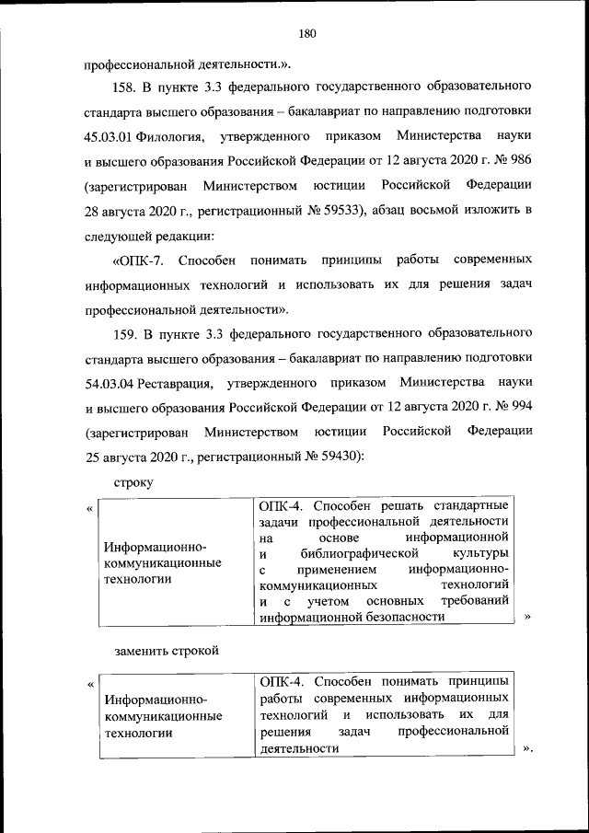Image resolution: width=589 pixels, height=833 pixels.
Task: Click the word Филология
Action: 170,137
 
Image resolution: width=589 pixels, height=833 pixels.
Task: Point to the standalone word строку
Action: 133,481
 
